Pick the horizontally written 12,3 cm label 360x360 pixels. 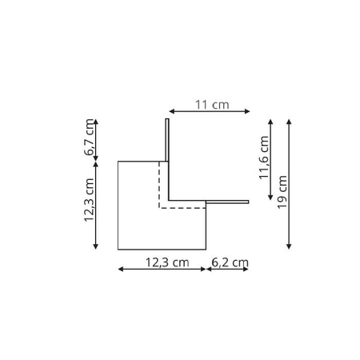click(166, 260)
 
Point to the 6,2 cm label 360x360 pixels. click(230, 260)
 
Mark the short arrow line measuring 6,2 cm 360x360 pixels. click(227, 269)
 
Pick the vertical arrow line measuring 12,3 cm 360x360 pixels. click(96, 205)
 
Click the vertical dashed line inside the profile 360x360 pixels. click(159, 184)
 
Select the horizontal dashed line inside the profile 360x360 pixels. click(182, 207)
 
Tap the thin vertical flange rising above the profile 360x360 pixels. click(167, 140)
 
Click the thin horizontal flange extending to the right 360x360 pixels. click(227, 201)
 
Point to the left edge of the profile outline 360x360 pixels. click(118, 205)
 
